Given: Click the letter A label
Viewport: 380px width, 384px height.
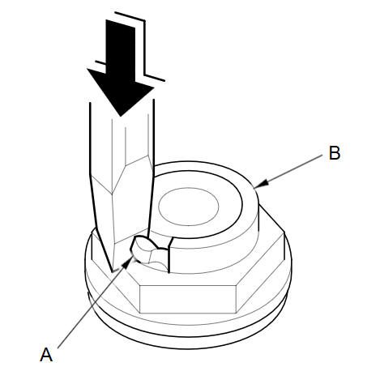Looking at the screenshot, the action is (x=46, y=354).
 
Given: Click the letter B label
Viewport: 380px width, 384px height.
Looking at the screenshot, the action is (x=335, y=153).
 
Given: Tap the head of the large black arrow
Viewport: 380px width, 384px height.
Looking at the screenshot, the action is (x=121, y=92).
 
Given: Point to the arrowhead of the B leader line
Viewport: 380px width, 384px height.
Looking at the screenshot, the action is (x=261, y=184).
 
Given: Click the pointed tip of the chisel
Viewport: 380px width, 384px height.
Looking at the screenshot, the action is (x=113, y=271).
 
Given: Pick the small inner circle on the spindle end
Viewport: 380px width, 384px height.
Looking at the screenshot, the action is (x=188, y=207).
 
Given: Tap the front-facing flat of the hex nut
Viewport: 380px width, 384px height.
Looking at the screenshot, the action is (x=188, y=299).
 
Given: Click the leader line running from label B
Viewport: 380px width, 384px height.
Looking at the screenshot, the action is (x=288, y=171).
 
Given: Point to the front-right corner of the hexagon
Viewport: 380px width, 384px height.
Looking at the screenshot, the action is (x=237, y=285).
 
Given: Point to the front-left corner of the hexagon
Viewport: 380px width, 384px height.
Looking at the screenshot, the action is (x=139, y=285).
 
